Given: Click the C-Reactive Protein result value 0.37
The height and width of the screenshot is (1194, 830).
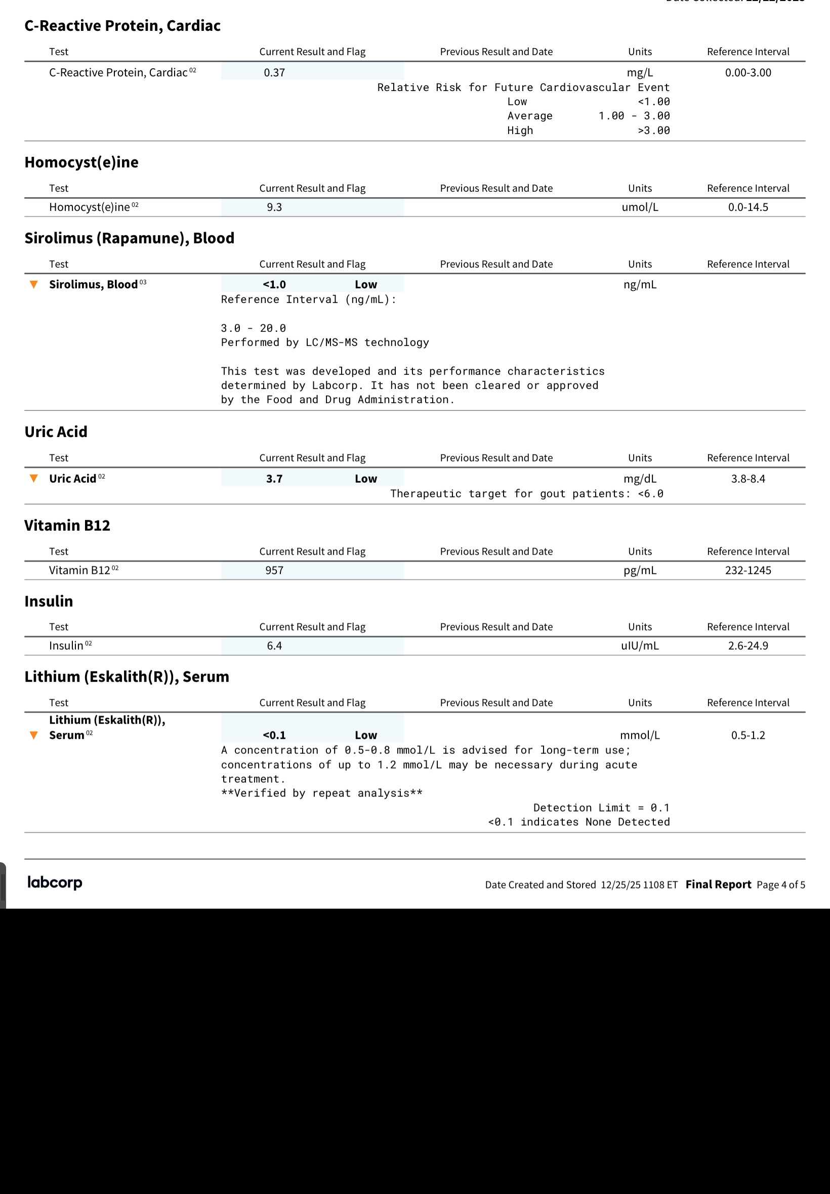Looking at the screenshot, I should tap(274, 73).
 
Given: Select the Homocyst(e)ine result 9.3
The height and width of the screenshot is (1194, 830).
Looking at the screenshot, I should tap(274, 207).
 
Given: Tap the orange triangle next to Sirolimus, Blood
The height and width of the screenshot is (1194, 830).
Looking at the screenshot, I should tap(34, 284).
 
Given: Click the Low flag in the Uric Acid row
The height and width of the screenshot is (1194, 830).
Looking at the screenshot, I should tap(365, 479).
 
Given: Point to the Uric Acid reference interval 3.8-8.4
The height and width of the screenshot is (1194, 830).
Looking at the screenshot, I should tap(748, 479).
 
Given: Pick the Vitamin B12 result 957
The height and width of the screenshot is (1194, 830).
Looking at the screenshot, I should tap(274, 570).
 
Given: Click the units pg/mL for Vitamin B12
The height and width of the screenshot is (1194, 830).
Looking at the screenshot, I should tap(640, 570).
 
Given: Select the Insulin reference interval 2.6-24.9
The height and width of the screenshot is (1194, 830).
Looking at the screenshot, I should tap(748, 646).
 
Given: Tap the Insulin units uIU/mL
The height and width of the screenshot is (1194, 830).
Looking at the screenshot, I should tap(640, 646).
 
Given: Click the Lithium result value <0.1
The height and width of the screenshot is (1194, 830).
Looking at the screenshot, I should tap(274, 735).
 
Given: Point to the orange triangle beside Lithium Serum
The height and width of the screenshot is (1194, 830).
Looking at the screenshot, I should tap(34, 735).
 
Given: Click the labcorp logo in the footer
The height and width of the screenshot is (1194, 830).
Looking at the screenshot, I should tap(55, 882).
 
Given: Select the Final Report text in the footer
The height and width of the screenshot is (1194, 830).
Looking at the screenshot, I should tap(718, 884).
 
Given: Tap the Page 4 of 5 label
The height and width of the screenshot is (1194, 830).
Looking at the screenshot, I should tap(780, 885).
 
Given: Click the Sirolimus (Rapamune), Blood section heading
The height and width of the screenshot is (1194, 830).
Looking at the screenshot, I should tap(130, 238).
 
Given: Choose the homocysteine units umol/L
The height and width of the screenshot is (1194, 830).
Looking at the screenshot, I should tap(640, 207).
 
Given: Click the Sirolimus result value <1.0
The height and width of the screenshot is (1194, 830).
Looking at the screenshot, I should tap(274, 284).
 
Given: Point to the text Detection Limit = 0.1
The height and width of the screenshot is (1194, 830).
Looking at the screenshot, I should tap(601, 808).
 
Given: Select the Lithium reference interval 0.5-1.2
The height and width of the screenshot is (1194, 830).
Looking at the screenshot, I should tap(748, 735).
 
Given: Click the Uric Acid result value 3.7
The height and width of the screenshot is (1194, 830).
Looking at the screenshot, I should tap(274, 479).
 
